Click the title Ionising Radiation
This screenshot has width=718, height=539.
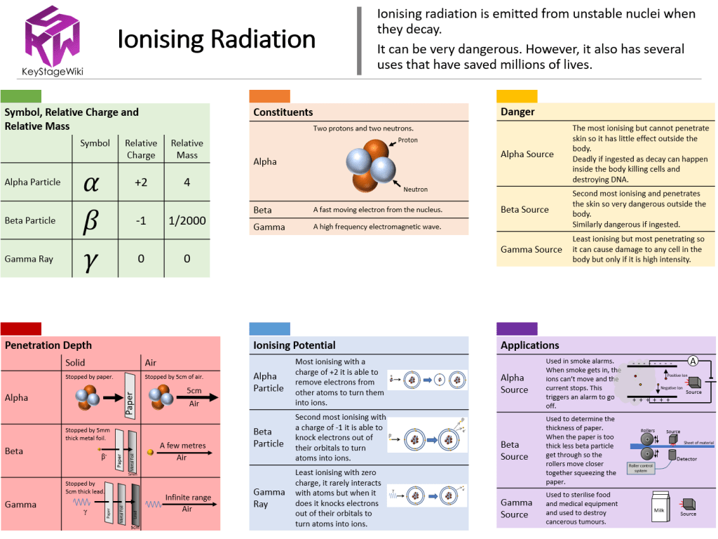216,39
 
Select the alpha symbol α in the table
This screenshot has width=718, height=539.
91,182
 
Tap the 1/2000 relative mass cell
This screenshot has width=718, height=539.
187,220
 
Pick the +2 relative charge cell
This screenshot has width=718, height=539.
140,182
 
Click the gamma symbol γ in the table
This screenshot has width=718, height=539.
90,260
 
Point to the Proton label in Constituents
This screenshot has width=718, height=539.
407,140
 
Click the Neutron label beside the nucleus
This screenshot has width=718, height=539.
415,189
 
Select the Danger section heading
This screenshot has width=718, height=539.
517,112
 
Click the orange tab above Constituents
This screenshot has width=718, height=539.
269,96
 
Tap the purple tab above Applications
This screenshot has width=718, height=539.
517,328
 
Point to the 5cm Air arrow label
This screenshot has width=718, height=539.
194,397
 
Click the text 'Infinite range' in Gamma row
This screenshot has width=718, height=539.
188,498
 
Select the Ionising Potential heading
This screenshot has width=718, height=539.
294,345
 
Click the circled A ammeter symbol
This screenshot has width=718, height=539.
693,361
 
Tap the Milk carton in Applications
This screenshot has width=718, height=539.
658,510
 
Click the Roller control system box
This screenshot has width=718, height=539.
641,469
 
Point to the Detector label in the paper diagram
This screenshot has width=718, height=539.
686,458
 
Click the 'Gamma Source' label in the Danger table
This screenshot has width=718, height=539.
531,249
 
